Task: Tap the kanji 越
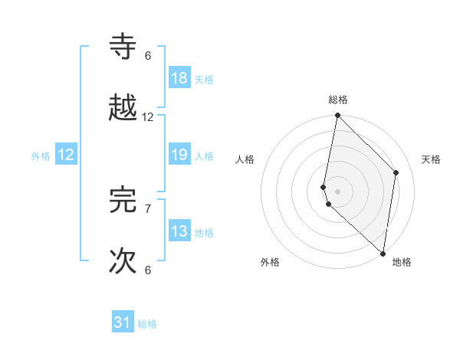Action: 123,109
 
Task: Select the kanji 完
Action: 123,200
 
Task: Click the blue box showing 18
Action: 179,78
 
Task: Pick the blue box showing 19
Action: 179,155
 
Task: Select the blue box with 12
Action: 66,155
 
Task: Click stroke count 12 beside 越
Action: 148,117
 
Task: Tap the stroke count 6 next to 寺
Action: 148,56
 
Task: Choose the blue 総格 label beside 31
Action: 147,324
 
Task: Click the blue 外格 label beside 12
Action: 41,156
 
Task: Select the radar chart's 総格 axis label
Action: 338,100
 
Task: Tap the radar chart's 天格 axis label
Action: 432,159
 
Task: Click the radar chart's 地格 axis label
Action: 402,262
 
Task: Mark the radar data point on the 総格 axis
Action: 338,116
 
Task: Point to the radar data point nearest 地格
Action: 383,252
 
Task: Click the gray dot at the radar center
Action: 338,190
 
